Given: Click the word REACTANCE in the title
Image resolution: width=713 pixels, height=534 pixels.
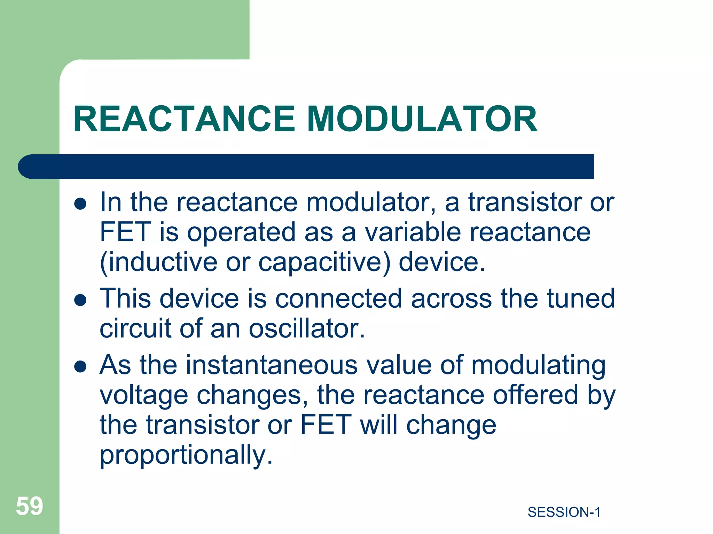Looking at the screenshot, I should pyautogui.click(x=184, y=119).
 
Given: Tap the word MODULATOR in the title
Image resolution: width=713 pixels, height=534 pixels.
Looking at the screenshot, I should pyautogui.click(x=422, y=119).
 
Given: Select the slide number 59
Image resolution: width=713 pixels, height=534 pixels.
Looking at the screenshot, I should pyautogui.click(x=30, y=506).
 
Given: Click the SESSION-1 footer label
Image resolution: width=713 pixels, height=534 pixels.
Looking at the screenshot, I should pyautogui.click(x=564, y=512).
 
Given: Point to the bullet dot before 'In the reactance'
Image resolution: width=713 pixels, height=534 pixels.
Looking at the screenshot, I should pyautogui.click(x=80, y=204).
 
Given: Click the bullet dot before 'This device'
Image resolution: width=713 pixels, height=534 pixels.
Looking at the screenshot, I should pyautogui.click(x=80, y=300).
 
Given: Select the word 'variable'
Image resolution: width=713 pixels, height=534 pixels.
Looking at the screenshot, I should pyautogui.click(x=413, y=232).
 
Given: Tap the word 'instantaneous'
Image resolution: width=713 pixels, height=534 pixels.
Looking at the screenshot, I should pyautogui.click(x=272, y=365).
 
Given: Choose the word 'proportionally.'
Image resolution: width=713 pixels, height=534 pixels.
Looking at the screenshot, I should pyautogui.click(x=186, y=455).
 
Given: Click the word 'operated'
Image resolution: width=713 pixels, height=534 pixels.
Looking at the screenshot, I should pyautogui.click(x=242, y=232).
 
